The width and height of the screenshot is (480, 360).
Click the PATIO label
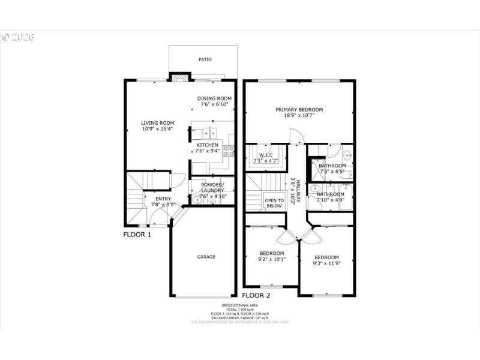click(x=205, y=59)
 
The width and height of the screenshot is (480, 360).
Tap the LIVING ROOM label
click(x=158, y=123)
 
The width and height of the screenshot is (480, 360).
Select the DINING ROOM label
click(x=215, y=98)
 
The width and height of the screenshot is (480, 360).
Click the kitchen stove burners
click(x=229, y=151)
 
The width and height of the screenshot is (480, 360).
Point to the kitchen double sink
click(x=209, y=133)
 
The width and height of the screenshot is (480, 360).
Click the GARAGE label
click(x=206, y=257)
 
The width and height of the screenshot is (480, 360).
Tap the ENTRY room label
click(x=163, y=199)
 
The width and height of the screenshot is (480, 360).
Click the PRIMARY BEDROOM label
click(x=299, y=110)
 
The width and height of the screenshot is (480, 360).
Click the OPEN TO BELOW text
click(x=274, y=203)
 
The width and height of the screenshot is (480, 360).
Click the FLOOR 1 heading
click(x=137, y=235)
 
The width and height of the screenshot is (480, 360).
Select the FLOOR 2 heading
click(x=256, y=295)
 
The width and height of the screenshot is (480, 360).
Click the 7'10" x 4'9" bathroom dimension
click(x=330, y=200)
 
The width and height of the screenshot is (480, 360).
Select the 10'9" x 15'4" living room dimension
click(x=158, y=129)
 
